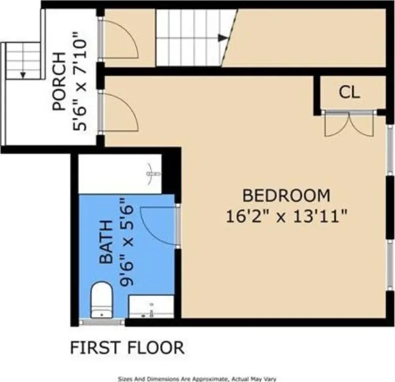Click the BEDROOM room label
[286, 195]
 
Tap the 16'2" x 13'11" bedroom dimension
[287, 216]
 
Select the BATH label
[106, 242]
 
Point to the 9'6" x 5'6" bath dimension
[126, 242]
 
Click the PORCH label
[59, 82]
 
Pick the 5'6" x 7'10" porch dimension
[80, 81]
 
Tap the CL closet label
[349, 92]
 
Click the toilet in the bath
[101, 300]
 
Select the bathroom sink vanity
[151, 307]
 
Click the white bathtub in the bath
[120, 174]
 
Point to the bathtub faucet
[153, 174]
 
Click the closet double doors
[349, 124]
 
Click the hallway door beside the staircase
[119, 39]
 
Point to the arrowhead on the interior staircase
[223, 38]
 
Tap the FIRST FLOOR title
[127, 348]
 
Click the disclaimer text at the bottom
[197, 379]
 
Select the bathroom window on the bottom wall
[102, 322]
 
